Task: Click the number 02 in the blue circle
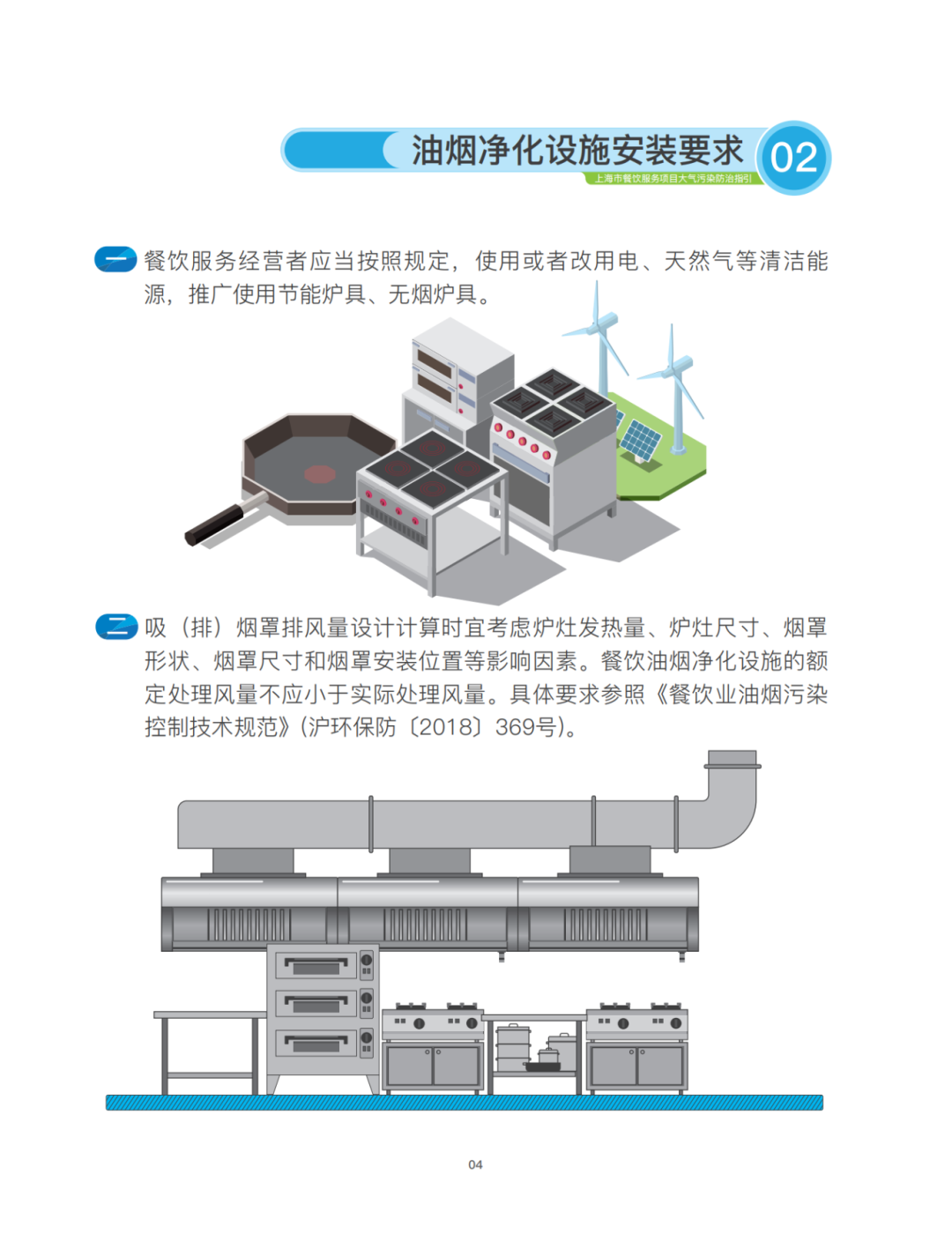(793, 158)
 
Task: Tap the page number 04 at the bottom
(475, 1164)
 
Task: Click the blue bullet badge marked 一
(116, 259)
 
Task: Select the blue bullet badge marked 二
(116, 627)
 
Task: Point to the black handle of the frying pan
(213, 524)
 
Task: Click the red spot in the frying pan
(320, 473)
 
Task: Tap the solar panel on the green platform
(640, 441)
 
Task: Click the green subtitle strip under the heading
(673, 178)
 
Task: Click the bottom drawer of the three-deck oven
(316, 1044)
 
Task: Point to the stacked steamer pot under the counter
(513, 1048)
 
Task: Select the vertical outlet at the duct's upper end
(733, 760)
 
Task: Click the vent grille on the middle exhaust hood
(425, 924)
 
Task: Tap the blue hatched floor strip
(465, 1103)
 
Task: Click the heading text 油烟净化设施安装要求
(576, 151)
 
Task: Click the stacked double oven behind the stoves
(463, 366)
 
